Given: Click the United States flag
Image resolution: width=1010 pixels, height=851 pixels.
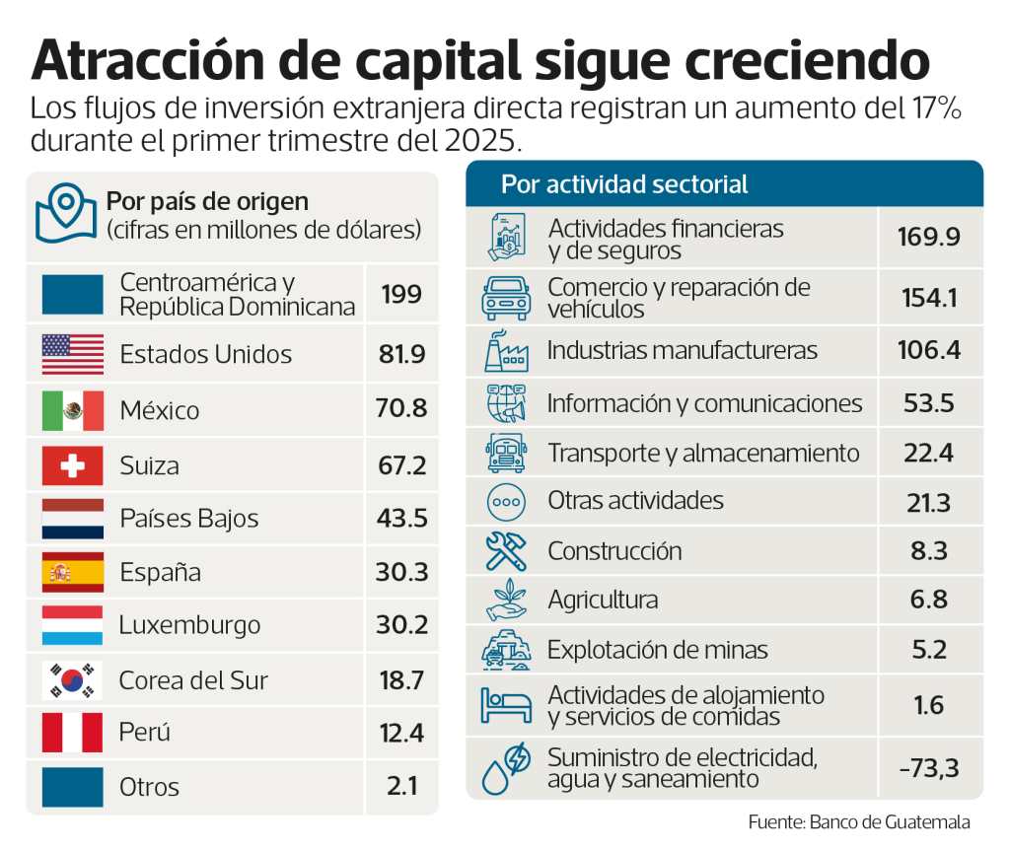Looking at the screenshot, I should tap(72, 354).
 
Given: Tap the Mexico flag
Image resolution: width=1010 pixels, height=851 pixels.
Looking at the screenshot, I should tap(72, 410).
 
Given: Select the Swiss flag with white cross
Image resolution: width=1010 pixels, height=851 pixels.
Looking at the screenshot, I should tap(72, 465).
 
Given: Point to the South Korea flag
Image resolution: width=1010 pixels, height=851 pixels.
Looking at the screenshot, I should tap(72, 680).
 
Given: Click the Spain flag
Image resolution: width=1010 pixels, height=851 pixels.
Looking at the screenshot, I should tap(72, 572).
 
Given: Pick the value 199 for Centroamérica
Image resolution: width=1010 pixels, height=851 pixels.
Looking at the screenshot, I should tap(401, 294).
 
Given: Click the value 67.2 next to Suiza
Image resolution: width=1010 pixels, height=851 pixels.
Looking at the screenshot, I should tap(401, 465).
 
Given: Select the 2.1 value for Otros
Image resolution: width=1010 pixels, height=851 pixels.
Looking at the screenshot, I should tap(401, 787).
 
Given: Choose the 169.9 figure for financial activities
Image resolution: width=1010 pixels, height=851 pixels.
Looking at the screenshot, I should tap(928, 237).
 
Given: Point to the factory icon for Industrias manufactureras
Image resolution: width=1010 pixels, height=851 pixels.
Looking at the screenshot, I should tap(506, 351).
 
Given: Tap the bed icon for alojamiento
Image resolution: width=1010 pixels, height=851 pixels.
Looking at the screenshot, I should tap(506, 705).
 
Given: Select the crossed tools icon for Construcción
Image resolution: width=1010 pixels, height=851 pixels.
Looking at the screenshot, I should tap(506, 551).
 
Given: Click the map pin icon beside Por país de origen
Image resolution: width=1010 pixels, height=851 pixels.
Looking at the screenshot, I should tap(65, 211).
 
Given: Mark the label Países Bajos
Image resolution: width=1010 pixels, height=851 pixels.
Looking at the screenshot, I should tap(188, 519).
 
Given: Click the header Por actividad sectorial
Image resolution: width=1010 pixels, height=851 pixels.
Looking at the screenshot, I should tap(624, 184).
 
